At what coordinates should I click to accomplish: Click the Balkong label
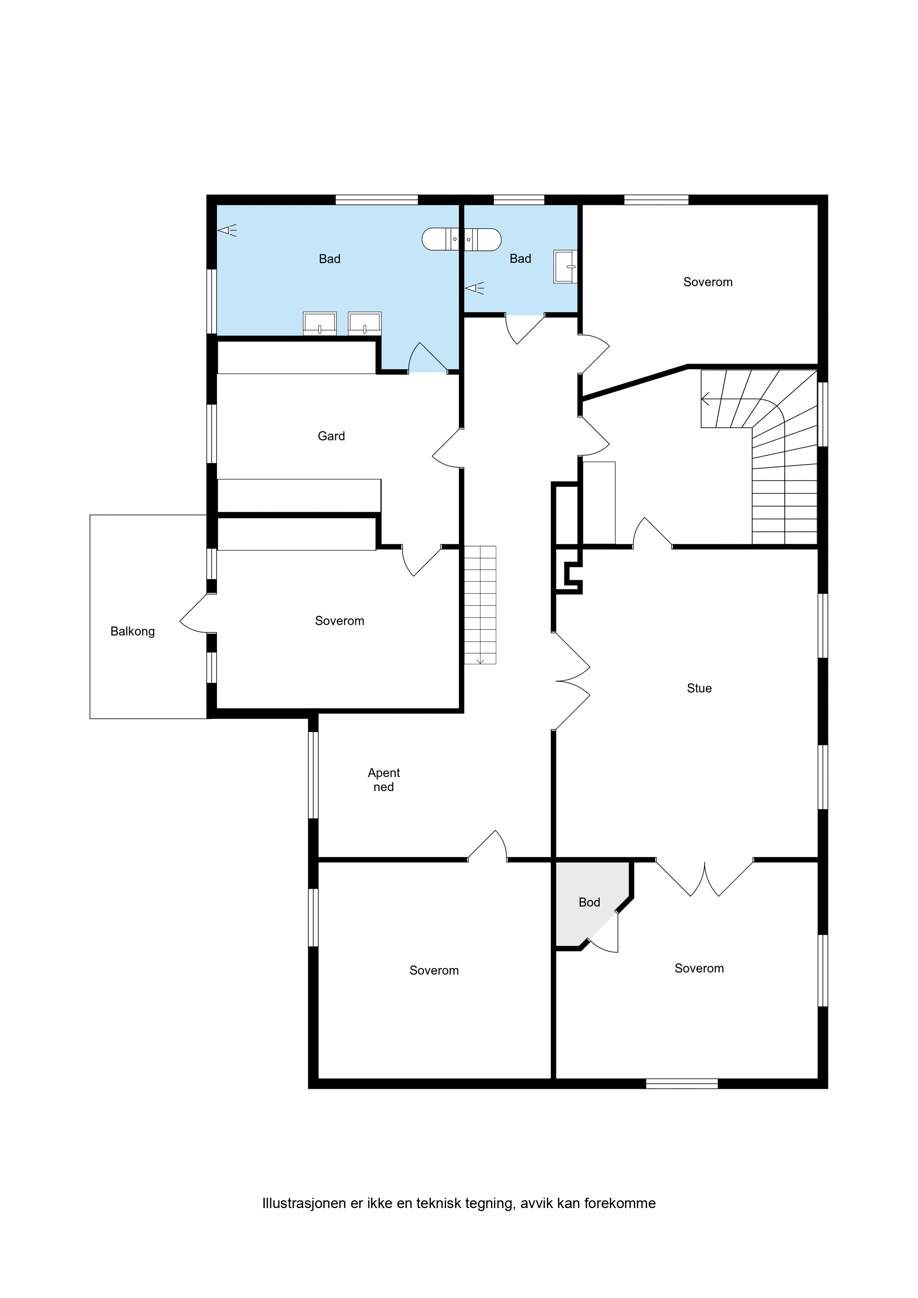pyautogui.click(x=133, y=632)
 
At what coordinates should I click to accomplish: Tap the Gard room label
pyautogui.click(x=331, y=436)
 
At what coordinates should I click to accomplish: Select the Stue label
pyautogui.click(x=699, y=688)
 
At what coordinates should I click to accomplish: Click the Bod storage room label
pyautogui.click(x=589, y=902)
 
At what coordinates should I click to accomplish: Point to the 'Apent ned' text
pyautogui.click(x=383, y=780)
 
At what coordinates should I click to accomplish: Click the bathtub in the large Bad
pyautogui.click(x=462, y=239)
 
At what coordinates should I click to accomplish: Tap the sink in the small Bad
pyautogui.click(x=565, y=267)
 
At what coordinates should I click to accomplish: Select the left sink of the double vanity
pyautogui.click(x=319, y=323)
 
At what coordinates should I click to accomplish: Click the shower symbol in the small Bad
pyautogui.click(x=475, y=288)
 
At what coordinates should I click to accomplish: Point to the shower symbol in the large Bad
pyautogui.click(x=227, y=230)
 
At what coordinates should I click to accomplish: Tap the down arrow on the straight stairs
pyautogui.click(x=480, y=660)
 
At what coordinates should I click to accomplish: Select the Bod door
pyautogui.click(x=603, y=932)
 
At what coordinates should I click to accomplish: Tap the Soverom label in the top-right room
pyautogui.click(x=708, y=282)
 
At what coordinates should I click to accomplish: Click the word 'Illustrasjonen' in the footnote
pyautogui.click(x=304, y=1203)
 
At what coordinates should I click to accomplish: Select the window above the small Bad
pyautogui.click(x=519, y=199)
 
